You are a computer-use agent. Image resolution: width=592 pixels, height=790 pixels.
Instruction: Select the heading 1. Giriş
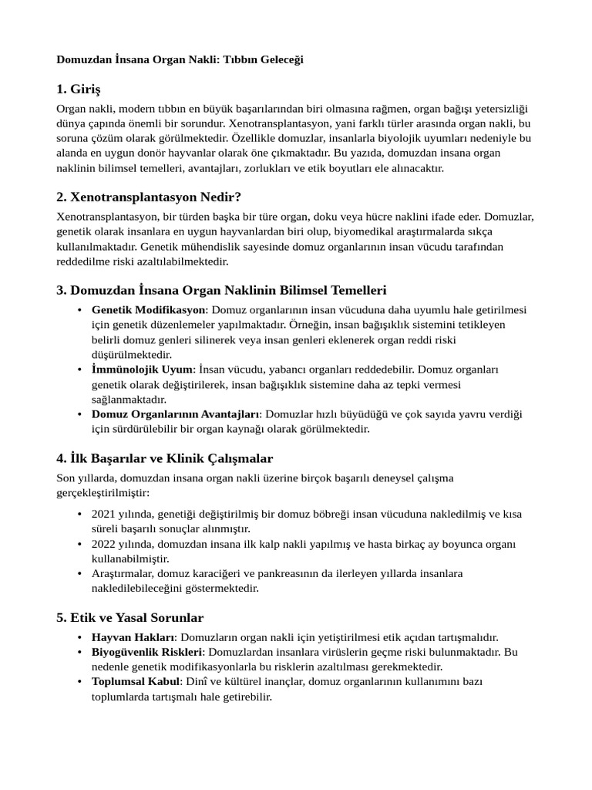point(79,89)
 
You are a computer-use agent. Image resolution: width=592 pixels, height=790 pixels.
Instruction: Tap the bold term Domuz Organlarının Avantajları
point(176,414)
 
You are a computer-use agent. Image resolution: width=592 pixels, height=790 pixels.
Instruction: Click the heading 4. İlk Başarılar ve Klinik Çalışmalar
point(165,458)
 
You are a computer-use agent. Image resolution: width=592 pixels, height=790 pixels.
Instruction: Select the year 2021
point(104,514)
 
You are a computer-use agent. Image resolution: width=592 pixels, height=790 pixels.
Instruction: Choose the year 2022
point(104,544)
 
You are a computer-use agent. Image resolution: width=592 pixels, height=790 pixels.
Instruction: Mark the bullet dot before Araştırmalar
point(81,574)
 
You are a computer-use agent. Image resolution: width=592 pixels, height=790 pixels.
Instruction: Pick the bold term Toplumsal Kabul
point(136,682)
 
